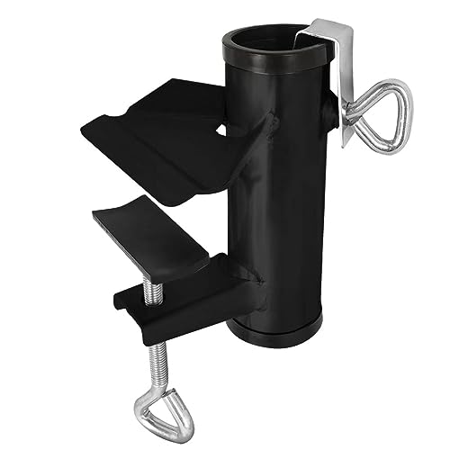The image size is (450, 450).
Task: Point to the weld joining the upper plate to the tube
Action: (261, 135)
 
